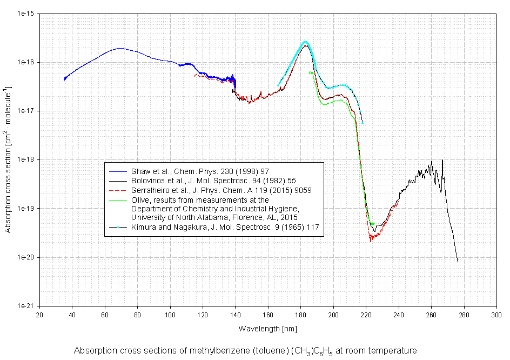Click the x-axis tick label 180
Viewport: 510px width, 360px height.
click(301, 315)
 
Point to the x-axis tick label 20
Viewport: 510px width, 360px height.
click(39, 315)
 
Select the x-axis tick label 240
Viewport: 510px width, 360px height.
click(399, 315)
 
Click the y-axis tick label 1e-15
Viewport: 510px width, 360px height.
click(25, 14)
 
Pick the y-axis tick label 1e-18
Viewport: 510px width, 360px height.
click(25, 159)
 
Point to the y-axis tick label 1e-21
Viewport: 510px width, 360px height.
click(25, 306)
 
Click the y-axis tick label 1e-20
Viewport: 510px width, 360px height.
click(25, 257)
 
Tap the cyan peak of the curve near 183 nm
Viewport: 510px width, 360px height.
click(305, 42)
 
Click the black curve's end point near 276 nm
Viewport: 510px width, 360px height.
click(458, 262)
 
